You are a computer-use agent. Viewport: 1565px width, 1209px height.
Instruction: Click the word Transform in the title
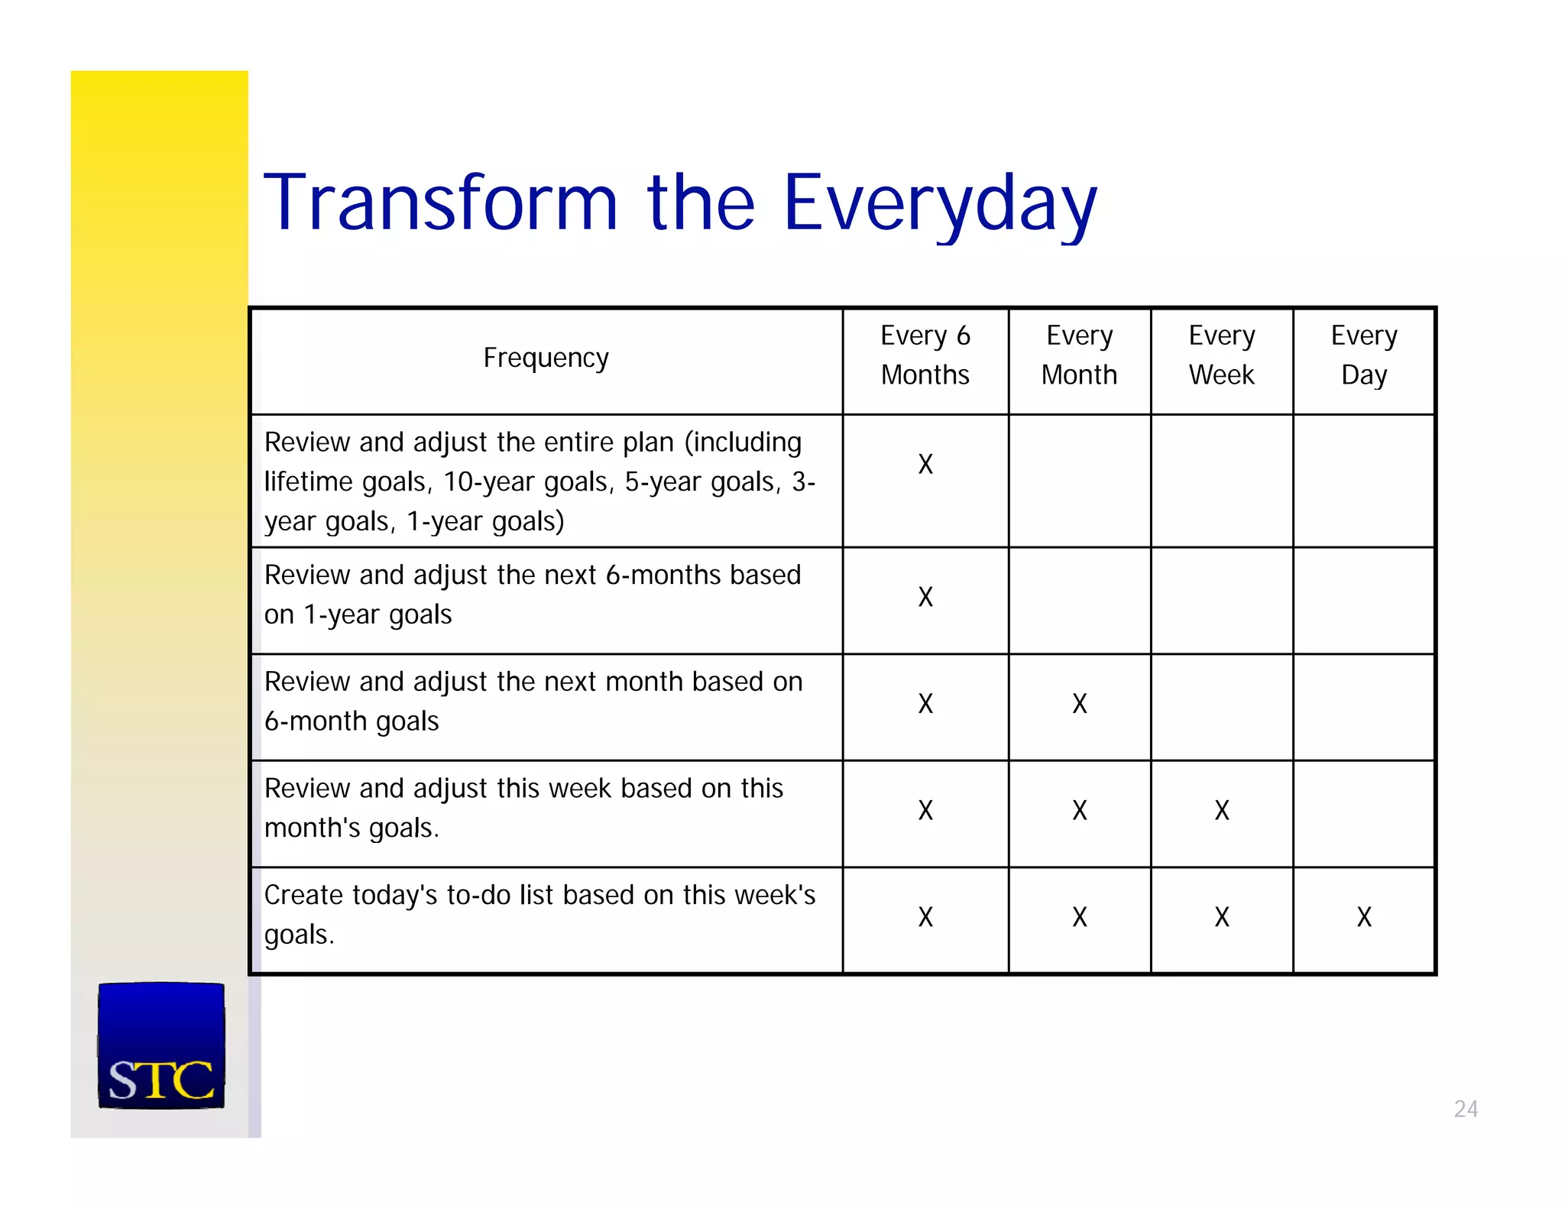click(440, 203)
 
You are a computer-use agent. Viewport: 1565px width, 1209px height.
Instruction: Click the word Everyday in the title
click(940, 203)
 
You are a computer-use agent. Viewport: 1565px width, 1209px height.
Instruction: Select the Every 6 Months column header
click(925, 355)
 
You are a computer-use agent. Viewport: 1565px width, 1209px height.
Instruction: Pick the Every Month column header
click(1079, 355)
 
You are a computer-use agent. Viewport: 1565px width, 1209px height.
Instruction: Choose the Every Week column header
click(1221, 355)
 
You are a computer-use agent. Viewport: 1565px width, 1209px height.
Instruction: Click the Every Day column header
click(1364, 355)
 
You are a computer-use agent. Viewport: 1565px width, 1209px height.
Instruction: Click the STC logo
click(161, 1045)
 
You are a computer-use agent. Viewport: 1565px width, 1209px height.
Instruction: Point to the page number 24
click(1465, 1109)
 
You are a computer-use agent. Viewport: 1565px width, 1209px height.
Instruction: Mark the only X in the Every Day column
click(1364, 917)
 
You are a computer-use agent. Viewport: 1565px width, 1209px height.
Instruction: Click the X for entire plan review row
click(925, 464)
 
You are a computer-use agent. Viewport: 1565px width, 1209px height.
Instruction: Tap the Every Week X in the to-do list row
click(1221, 917)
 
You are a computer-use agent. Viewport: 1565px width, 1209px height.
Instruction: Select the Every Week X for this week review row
click(1221, 810)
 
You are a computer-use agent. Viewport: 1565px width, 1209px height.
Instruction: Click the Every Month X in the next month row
click(1079, 703)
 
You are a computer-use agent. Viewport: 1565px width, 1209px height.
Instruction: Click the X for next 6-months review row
click(925, 597)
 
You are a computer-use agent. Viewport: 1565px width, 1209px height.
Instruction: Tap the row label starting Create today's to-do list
click(539, 914)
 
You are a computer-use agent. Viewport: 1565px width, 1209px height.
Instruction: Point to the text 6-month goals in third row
click(352, 721)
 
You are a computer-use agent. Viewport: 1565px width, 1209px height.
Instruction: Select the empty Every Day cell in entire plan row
click(1364, 481)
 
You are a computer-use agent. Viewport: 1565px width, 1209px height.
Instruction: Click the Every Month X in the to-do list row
click(1079, 917)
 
